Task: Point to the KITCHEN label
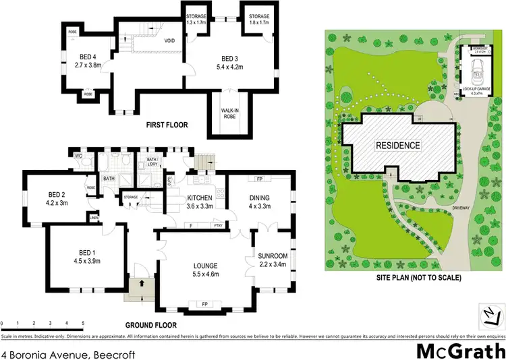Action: coord(200,197)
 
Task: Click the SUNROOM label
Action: coord(273,256)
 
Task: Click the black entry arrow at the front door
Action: coord(141,284)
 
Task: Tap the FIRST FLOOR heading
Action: coord(167,125)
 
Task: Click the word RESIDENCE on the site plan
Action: coord(398,145)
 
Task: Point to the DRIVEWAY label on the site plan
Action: coord(465,208)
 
